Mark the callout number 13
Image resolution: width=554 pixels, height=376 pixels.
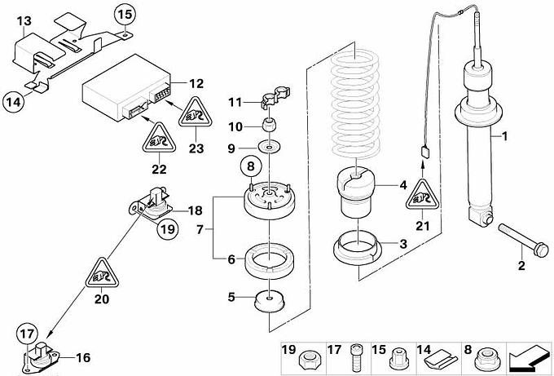tap(24, 19)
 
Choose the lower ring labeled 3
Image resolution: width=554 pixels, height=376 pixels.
tap(359, 245)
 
